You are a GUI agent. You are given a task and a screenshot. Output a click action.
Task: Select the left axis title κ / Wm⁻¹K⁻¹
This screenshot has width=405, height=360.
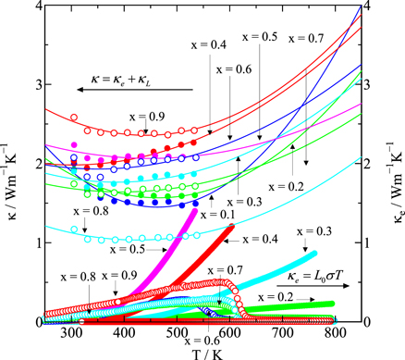[x=9, y=165]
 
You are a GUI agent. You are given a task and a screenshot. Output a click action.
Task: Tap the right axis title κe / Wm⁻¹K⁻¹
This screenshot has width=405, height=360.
[x=395, y=165]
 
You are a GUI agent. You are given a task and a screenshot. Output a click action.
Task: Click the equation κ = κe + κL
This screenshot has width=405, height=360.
[x=134, y=69]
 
